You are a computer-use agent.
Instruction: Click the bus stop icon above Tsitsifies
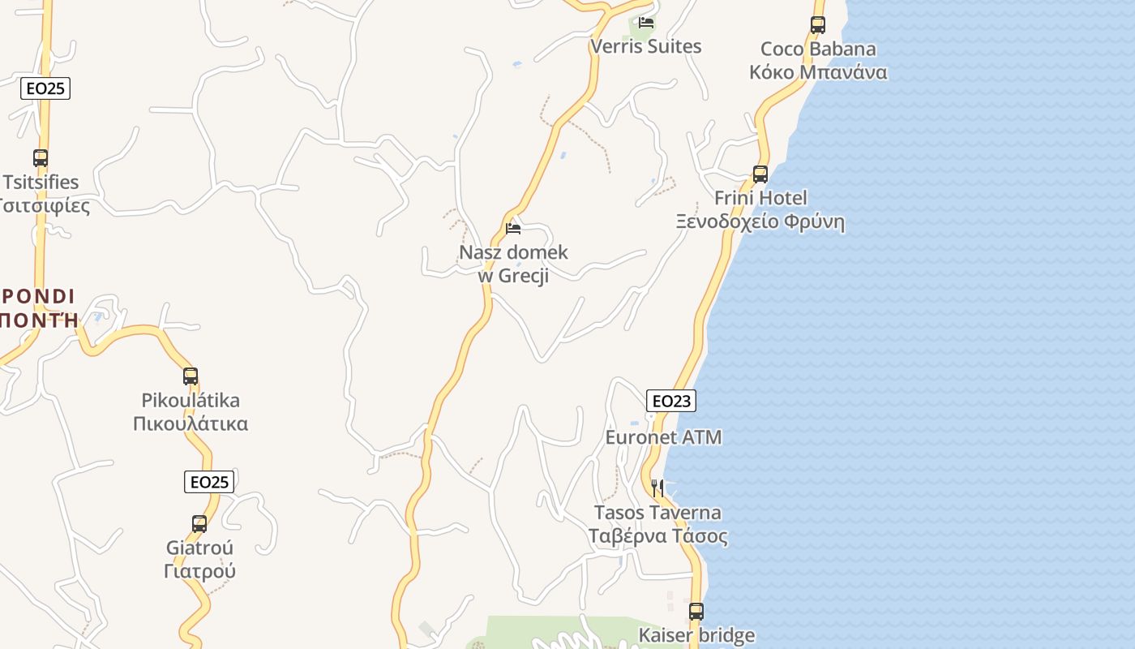coord(41,158)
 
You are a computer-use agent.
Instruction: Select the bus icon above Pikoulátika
coord(191,376)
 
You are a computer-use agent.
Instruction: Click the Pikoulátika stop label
coord(191,412)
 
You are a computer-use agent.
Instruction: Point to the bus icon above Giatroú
coord(199,524)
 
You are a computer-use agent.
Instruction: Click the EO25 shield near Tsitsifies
coord(45,88)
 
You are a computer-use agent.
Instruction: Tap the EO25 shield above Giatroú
coord(209,482)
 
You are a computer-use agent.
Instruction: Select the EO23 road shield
coord(671,401)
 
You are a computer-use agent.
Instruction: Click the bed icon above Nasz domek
coord(513,229)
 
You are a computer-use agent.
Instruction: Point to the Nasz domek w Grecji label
coord(513,264)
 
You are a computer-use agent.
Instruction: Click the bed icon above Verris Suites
coord(646,23)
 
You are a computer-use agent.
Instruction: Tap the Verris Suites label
coord(646,46)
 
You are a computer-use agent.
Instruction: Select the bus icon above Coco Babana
coord(818,25)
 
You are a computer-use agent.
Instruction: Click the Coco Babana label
coord(818,61)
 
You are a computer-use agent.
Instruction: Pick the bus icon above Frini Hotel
coord(760,174)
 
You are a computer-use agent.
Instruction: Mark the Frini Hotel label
coord(760,210)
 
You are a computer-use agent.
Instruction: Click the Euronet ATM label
coord(663,437)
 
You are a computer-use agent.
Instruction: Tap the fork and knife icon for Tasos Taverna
coord(657,488)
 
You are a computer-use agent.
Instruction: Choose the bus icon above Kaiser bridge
coord(696,612)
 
